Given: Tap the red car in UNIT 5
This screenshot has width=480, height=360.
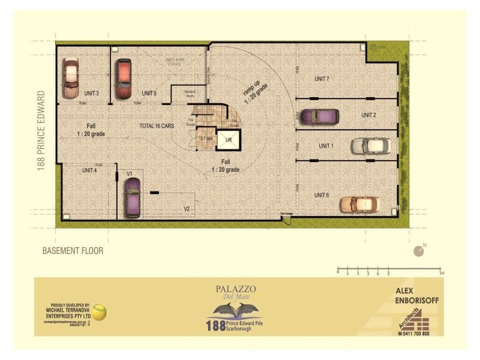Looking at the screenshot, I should tap(124, 78).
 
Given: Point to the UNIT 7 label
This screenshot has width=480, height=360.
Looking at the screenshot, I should tap(322, 79).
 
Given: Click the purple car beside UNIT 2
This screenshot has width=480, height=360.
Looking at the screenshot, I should tap(319, 116).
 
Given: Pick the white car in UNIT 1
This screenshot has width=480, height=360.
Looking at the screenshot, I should tap(370, 146).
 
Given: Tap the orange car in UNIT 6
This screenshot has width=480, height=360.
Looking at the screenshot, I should tap(359, 205).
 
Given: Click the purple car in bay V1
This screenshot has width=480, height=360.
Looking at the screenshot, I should tap(132, 197).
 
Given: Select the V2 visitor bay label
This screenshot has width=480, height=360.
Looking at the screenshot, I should tap(187, 209).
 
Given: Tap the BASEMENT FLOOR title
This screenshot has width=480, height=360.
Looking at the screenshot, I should tap(72, 251).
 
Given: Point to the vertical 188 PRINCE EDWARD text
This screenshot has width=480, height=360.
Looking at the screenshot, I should tap(41, 131).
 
